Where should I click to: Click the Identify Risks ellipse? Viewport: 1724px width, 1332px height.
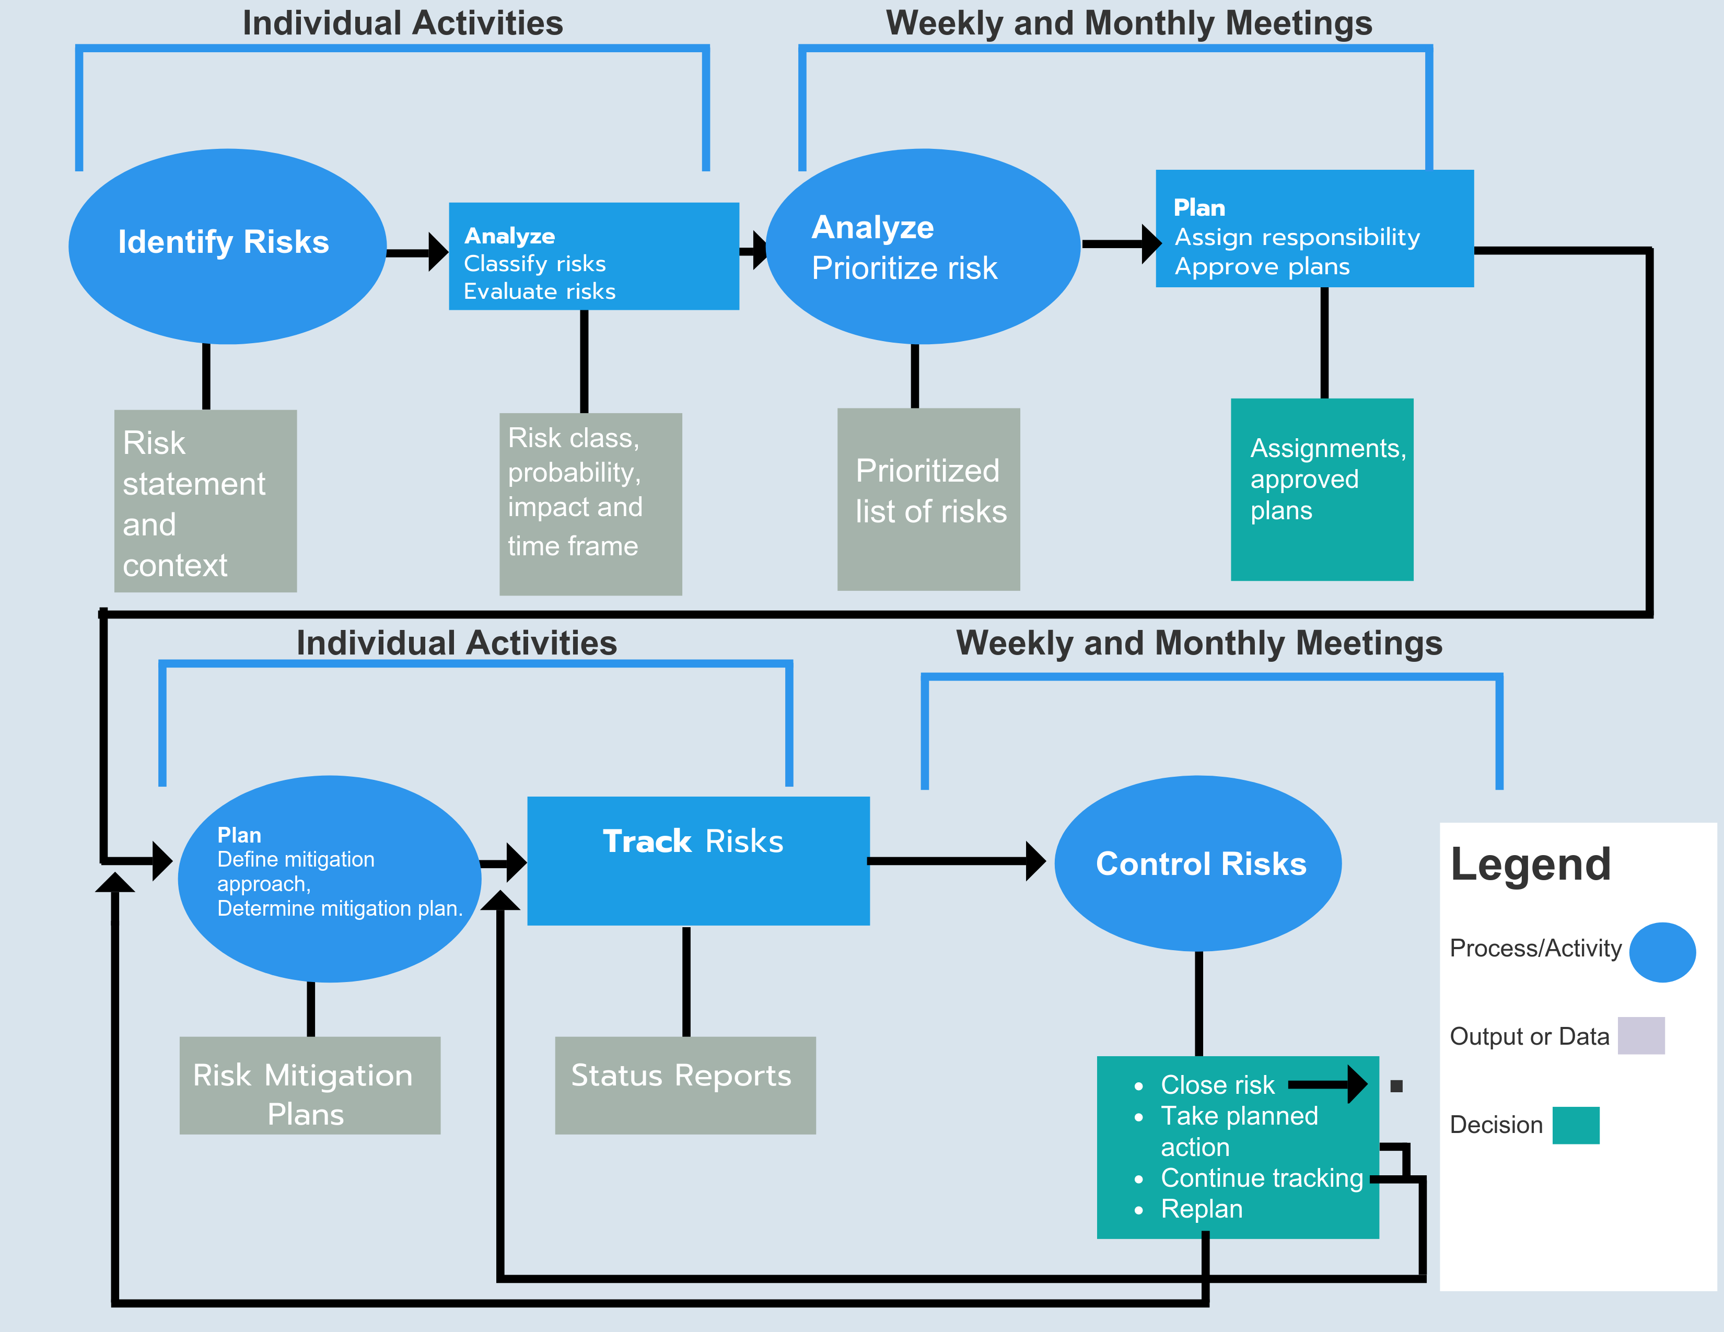227,246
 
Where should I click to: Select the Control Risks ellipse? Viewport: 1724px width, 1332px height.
1197,863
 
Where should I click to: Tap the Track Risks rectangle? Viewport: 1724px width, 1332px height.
698,861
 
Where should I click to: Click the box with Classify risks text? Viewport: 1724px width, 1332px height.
593,256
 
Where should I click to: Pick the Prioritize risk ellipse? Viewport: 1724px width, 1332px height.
922,246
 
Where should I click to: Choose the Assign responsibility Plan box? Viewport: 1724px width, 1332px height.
1314,228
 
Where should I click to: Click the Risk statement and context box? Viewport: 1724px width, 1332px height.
205,501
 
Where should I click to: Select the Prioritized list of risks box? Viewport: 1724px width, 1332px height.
928,499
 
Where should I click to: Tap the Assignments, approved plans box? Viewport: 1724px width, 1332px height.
1321,489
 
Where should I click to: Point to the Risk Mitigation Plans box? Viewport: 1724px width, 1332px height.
309,1085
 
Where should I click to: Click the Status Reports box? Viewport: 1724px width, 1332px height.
685,1085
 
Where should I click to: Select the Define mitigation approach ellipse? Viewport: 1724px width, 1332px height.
329,878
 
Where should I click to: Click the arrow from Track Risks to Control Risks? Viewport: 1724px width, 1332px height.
955,861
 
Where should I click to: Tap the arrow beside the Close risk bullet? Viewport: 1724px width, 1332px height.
1327,1084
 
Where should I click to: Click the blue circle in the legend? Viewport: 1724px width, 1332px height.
1662,952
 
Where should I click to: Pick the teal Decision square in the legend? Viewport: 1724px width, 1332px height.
1576,1125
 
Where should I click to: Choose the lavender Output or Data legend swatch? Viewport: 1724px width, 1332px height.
1640,1035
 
